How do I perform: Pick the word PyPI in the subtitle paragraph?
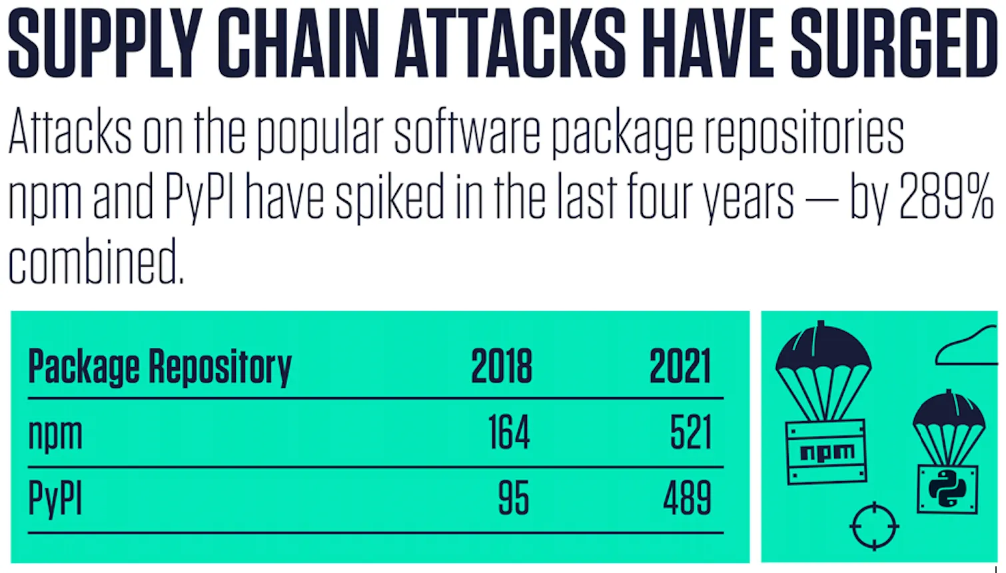pos(199,198)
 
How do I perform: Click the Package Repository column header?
pos(160,366)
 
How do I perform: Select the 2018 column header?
pos(502,366)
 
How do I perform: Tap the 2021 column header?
pos(680,366)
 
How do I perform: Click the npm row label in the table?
pos(55,434)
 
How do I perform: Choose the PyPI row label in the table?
pos(55,498)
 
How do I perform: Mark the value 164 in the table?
pos(508,433)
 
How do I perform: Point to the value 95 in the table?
pos(513,498)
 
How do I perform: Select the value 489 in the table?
pos(687,498)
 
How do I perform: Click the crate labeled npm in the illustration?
pos(827,452)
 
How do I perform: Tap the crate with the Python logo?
pos(947,489)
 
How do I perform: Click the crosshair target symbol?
pos(874,526)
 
